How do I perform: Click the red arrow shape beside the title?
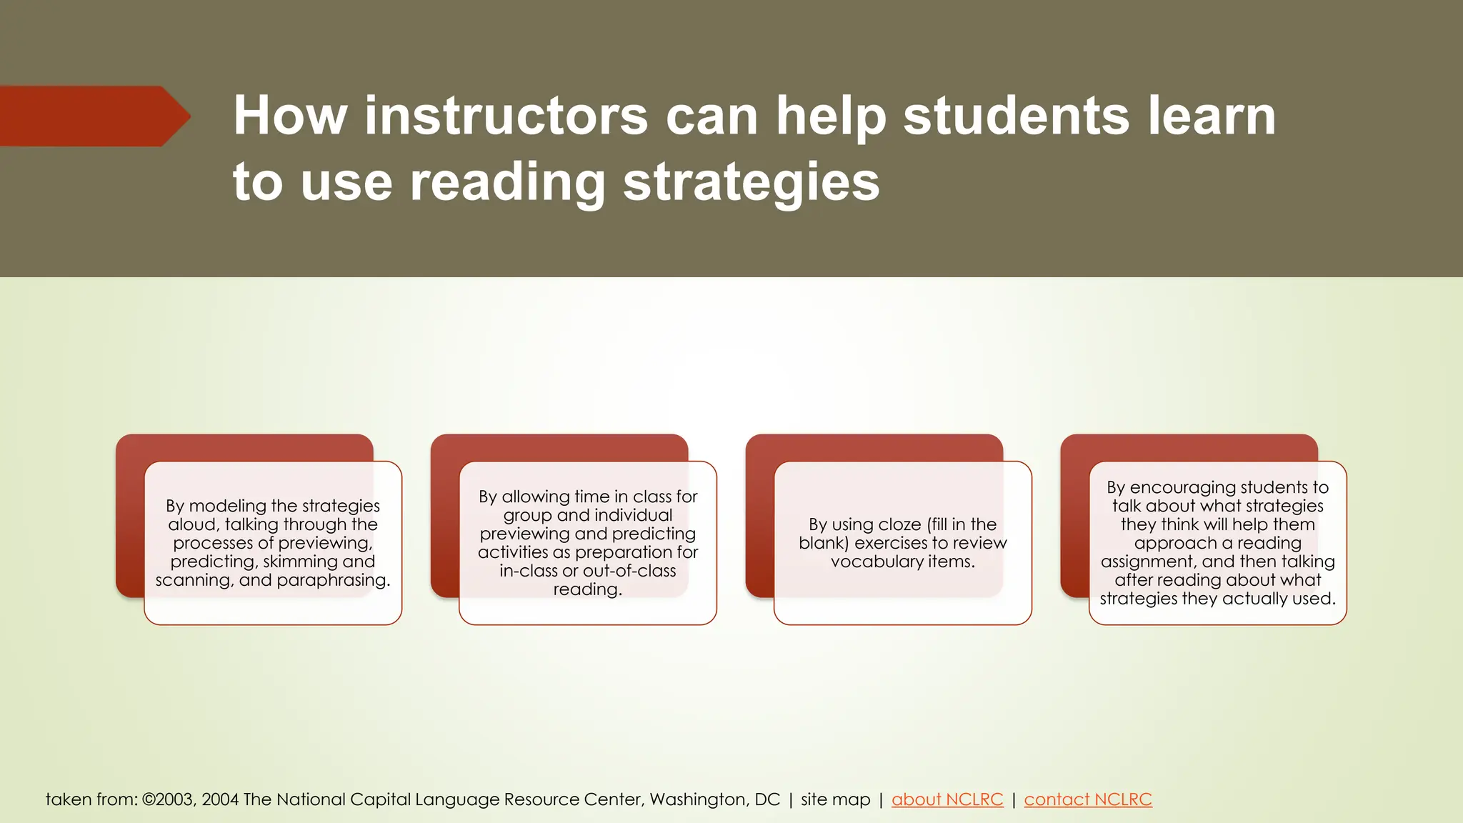coord(93,116)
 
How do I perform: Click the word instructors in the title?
coord(506,116)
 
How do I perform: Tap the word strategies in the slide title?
coord(751,181)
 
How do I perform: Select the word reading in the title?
coord(508,181)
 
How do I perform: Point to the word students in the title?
coord(1016,116)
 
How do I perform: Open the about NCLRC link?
coord(947,799)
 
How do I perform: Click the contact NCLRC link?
coord(1087,799)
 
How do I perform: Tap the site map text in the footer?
coord(835,799)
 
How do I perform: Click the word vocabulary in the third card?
coord(877,562)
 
